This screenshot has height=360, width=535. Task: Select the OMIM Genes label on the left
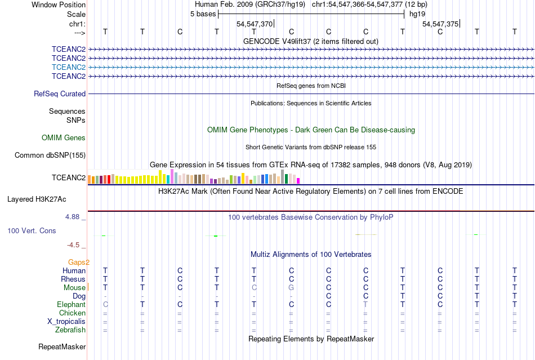[64, 138]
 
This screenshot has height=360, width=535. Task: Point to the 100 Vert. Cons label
[32, 231]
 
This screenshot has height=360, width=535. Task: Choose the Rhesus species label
[73, 279]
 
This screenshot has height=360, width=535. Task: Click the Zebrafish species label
[70, 330]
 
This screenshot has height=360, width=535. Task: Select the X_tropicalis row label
[66, 322]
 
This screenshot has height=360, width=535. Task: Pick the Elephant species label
[72, 305]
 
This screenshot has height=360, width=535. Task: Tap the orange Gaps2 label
[79, 263]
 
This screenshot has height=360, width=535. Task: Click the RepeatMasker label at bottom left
[62, 347]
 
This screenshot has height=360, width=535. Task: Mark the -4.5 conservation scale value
[76, 245]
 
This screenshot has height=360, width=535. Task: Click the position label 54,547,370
[255, 24]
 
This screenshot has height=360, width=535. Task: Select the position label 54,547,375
[440, 24]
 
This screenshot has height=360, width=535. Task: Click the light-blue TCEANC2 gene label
[69, 67]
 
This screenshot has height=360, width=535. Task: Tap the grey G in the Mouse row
[291, 288]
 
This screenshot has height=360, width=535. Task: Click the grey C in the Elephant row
[105, 305]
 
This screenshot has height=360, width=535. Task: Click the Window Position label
[59, 5]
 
